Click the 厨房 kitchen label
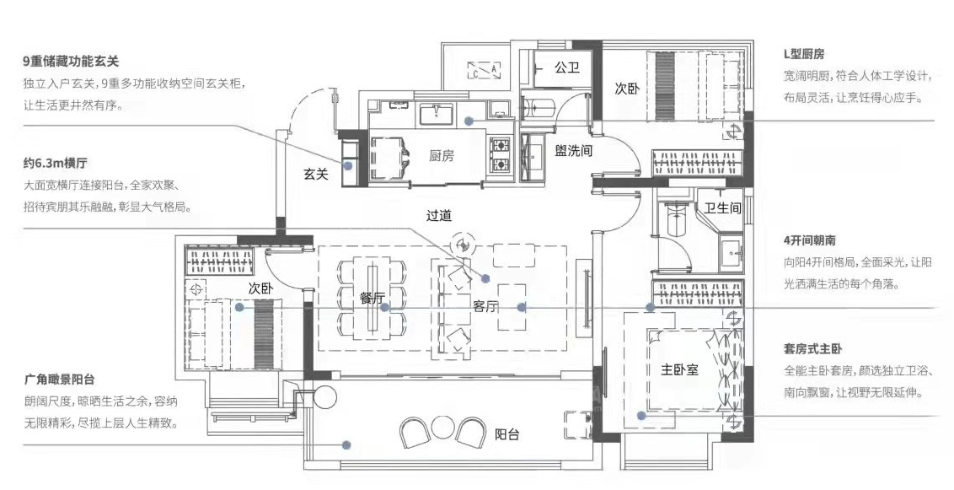click(441, 156)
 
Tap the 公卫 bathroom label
click(566, 67)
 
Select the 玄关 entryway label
click(316, 174)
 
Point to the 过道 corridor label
click(439, 215)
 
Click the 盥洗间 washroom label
click(573, 150)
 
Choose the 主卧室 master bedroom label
click(679, 369)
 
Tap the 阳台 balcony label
click(506, 434)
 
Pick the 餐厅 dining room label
click(372, 299)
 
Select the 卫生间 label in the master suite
click(723, 207)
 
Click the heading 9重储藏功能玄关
click(71, 61)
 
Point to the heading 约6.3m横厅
click(56, 163)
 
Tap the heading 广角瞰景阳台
click(60, 380)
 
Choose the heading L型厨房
click(804, 54)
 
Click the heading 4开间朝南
click(809, 240)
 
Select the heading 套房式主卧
click(813, 349)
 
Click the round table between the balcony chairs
click(440, 428)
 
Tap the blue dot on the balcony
click(346, 445)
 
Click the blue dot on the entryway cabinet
click(349, 165)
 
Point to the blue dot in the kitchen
click(469, 121)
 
